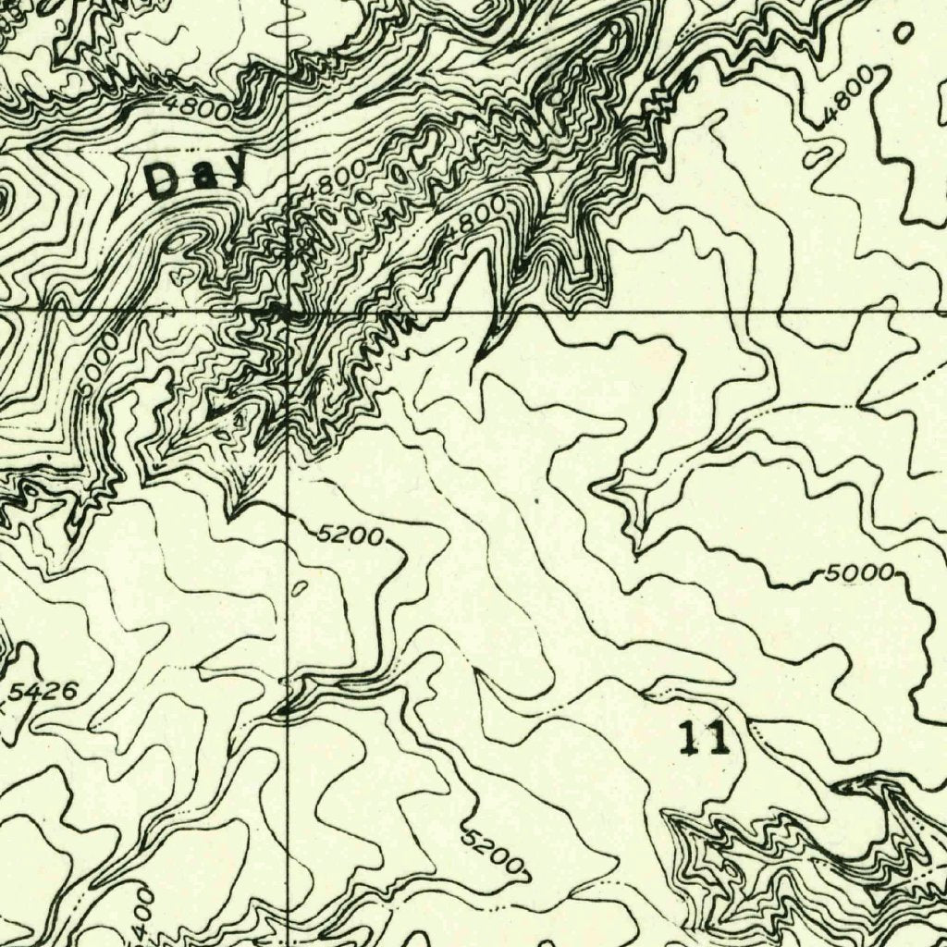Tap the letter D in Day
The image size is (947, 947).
[164, 179]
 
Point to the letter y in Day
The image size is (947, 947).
[234, 173]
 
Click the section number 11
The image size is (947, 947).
[704, 740]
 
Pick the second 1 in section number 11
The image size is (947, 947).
[718, 740]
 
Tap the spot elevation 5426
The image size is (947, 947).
[44, 691]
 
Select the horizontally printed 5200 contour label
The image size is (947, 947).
[350, 535]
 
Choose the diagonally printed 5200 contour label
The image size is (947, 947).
[493, 850]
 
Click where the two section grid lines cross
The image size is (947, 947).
[289, 313]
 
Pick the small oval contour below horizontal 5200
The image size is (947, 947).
[299, 588]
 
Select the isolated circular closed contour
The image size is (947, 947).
[904, 32]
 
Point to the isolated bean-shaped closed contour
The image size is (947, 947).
[818, 157]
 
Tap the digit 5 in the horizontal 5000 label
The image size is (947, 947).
[830, 574]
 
